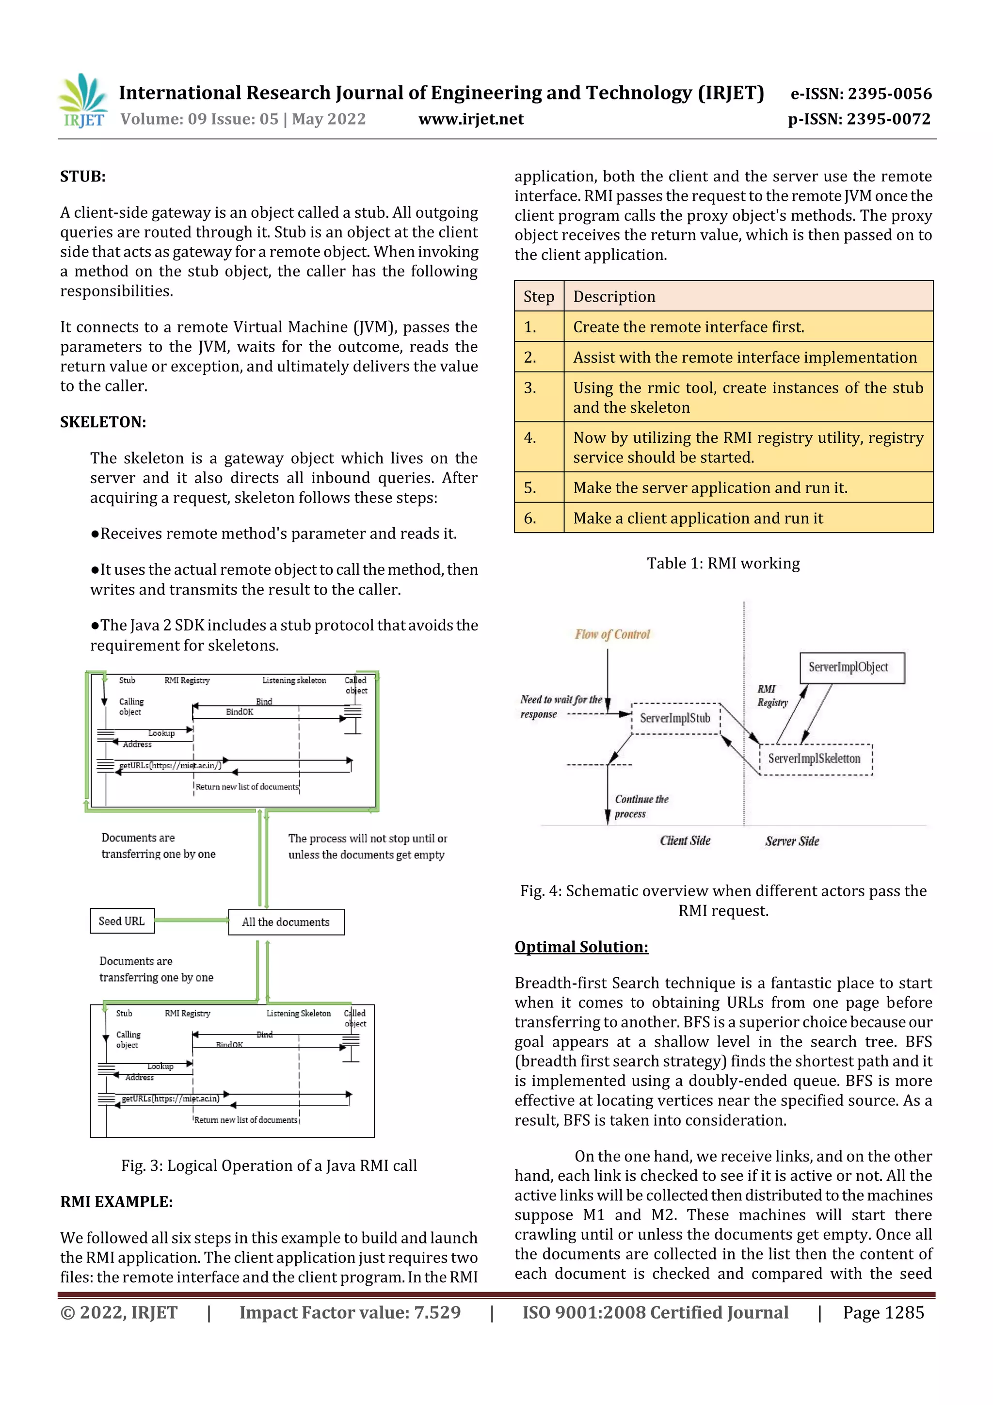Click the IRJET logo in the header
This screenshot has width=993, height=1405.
point(82,100)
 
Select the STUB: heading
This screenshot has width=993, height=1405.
point(82,177)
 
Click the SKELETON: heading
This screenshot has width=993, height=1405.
point(103,422)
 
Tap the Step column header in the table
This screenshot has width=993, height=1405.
point(538,297)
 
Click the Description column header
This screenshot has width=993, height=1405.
point(614,297)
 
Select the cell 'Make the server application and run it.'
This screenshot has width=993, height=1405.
point(710,488)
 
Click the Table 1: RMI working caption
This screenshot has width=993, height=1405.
point(723,564)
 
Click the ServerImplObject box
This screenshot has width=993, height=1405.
point(851,667)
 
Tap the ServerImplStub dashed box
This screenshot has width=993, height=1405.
point(675,718)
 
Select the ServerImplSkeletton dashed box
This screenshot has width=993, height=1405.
point(815,759)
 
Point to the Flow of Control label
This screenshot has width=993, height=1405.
point(612,634)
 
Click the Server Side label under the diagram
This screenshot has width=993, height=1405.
point(792,841)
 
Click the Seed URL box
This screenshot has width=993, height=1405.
point(122,921)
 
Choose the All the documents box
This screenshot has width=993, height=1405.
point(286,922)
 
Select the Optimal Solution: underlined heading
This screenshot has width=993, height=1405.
point(581,947)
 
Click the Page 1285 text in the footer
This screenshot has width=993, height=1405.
point(883,1312)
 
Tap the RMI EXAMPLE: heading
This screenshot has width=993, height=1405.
point(116,1202)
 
